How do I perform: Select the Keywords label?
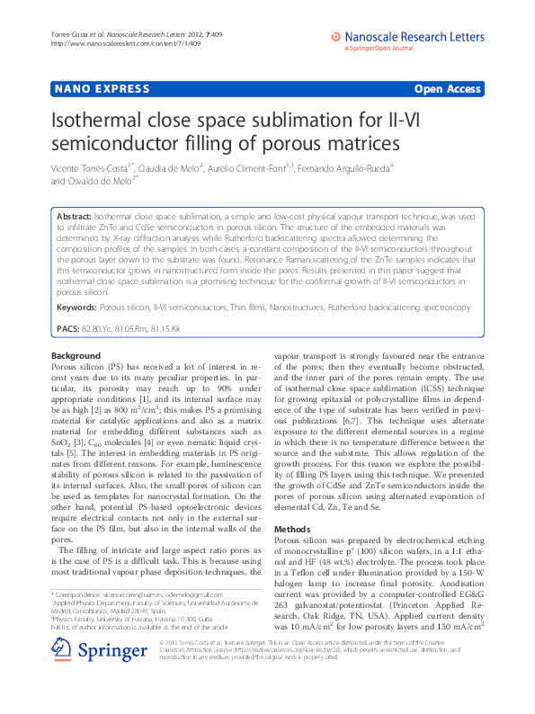click(76, 308)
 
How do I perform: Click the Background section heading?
click(76, 356)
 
